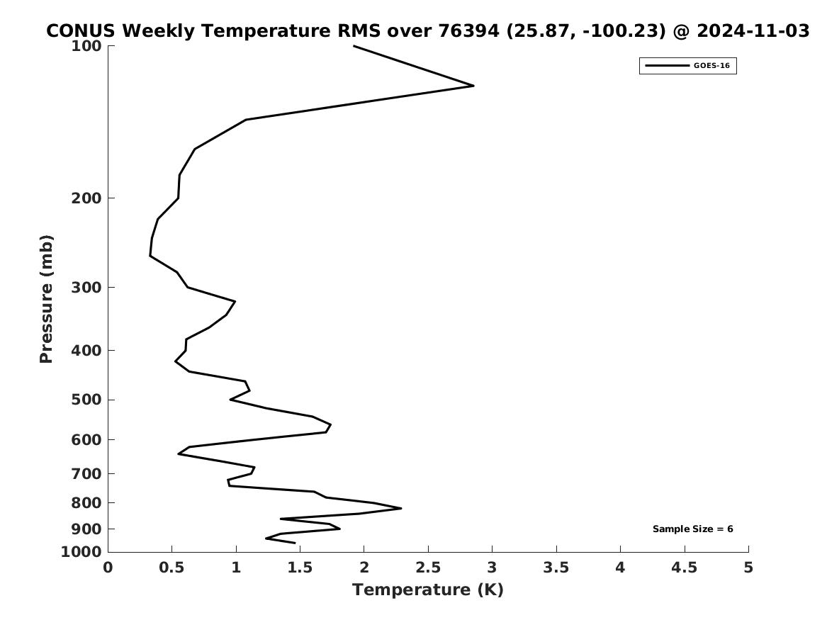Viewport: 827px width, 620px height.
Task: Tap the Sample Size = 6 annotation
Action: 692,529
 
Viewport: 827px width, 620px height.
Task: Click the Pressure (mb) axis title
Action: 47,299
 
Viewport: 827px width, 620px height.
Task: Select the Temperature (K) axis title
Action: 427,590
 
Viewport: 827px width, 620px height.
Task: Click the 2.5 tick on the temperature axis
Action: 428,568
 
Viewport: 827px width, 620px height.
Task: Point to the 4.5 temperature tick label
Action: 685,568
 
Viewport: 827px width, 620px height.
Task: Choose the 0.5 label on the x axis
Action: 172,568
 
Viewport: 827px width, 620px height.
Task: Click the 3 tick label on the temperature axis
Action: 492,568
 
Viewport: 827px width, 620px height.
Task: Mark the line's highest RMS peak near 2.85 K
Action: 473,86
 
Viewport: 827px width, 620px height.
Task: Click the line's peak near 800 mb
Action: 401,508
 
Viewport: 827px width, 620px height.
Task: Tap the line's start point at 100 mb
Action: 354,46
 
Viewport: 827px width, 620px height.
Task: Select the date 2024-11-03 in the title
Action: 753,31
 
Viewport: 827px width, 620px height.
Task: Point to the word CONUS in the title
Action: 80,31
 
